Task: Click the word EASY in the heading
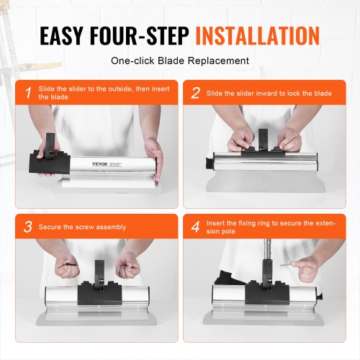pos(65,36)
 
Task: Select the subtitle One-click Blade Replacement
pos(180,61)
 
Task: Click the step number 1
pos(27,93)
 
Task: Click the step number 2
pos(195,93)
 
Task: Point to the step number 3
pos(27,227)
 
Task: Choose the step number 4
pos(195,227)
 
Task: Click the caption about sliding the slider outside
pos(97,93)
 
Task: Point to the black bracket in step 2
pos(263,144)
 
